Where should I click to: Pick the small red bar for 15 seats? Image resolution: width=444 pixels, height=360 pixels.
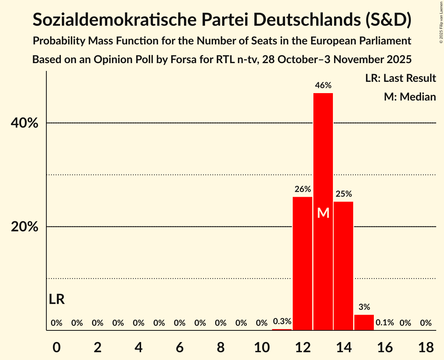364,322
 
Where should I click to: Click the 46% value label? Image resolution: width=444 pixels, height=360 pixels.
323,85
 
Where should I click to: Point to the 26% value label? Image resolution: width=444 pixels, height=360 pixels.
302,189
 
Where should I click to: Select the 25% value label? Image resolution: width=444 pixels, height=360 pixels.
343,194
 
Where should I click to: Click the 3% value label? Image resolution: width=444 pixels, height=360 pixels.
364,307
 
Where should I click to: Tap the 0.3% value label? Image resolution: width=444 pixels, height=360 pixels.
282,322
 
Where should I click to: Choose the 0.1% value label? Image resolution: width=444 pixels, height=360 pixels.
385,323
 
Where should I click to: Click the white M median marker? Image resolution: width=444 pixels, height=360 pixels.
323,213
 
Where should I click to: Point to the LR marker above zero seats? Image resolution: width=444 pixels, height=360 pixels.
57,300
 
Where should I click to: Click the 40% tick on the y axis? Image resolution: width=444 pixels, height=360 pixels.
24,123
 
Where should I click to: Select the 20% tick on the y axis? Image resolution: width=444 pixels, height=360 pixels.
24,227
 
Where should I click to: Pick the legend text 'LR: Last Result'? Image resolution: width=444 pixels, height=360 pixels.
400,78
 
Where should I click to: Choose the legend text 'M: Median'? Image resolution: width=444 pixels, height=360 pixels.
410,97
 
